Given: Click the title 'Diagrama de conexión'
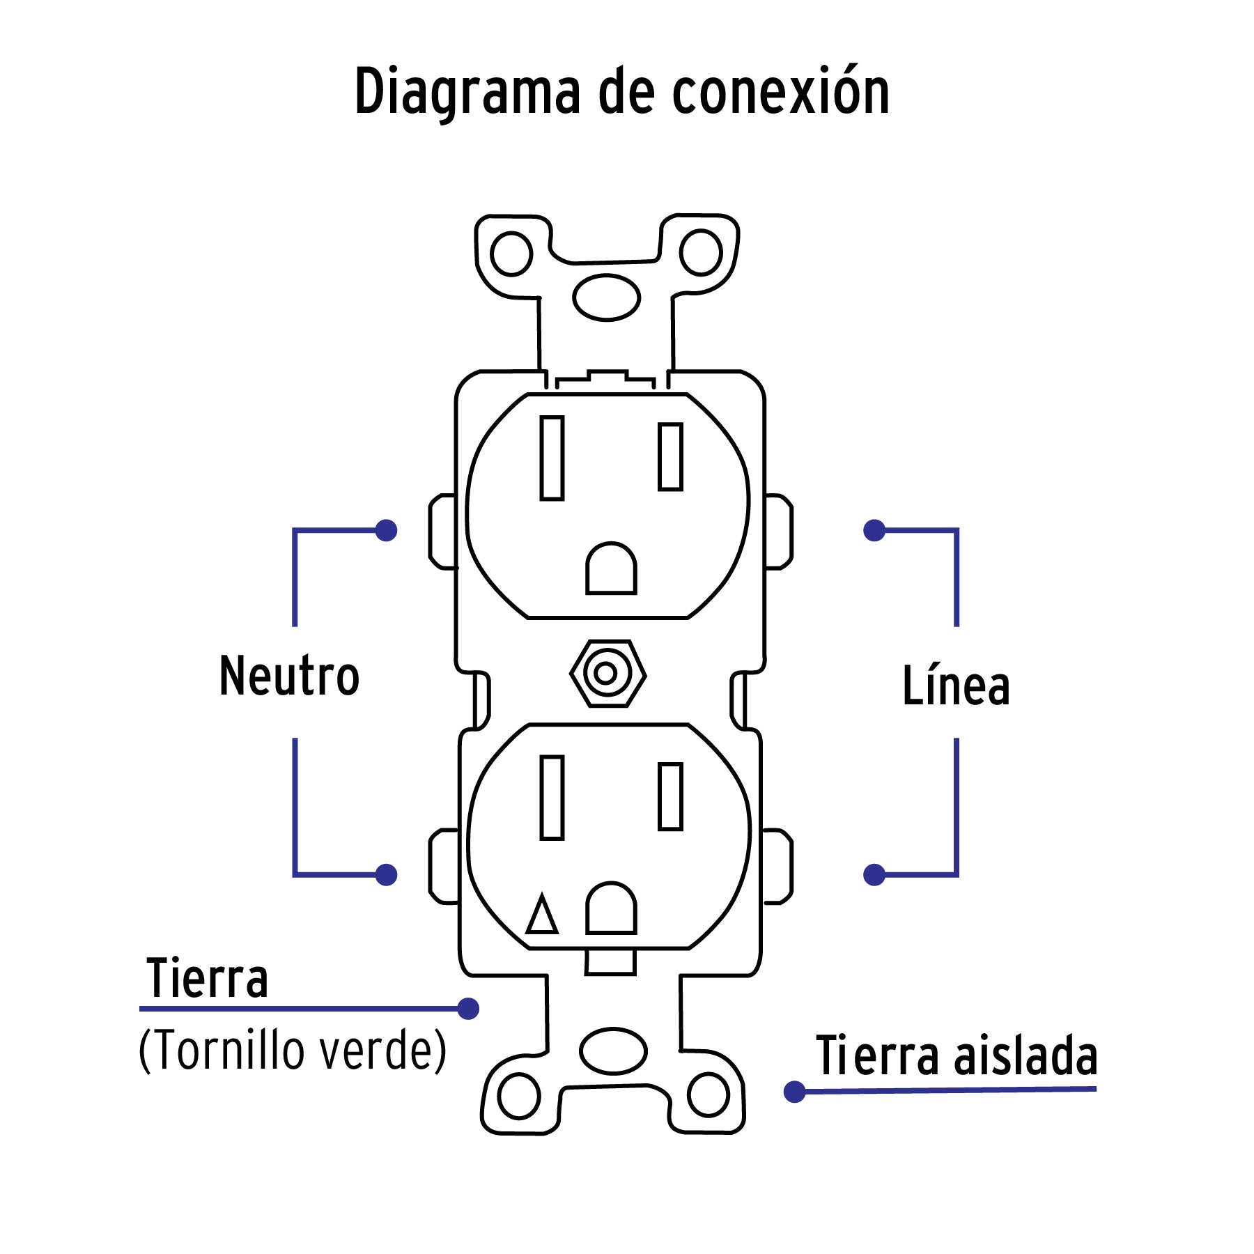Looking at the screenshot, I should tap(622, 92).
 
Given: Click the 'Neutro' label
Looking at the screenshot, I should tap(289, 676).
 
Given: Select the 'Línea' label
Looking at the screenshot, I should tap(956, 686).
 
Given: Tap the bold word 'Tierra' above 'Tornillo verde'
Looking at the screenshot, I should tap(207, 978).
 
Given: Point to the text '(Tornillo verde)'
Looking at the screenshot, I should tap(292, 1050).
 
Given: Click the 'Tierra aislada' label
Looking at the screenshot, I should tap(957, 1055).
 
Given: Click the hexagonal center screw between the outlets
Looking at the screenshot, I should tap(607, 674).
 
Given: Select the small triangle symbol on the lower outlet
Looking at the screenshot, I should tap(541, 915).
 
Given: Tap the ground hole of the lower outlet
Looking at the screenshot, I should tap(611, 909).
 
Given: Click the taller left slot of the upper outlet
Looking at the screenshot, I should tap(552, 458).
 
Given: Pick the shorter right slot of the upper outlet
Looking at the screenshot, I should tap(670, 456).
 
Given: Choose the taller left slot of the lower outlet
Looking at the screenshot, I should tap(552, 798).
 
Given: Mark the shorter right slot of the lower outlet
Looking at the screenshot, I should tap(670, 796).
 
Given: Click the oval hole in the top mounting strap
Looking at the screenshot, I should tap(606, 297).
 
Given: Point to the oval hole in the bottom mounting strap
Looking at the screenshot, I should tap(613, 1051).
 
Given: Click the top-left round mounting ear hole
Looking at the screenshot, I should tap(511, 254).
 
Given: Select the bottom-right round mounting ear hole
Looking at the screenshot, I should tap(708, 1094).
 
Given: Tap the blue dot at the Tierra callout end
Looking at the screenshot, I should tap(468, 1008).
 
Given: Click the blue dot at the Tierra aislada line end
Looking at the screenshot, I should tap(794, 1092).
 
